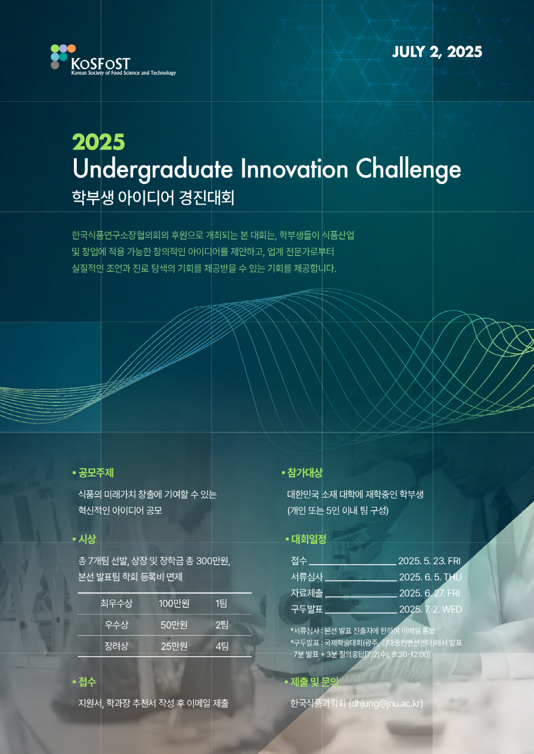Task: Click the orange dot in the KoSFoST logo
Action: coord(71,48)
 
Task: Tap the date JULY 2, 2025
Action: coord(437,52)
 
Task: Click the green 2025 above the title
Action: coord(98,142)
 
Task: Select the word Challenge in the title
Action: coord(408,169)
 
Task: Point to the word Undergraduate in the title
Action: coord(152,169)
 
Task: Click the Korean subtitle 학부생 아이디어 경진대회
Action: coord(154,198)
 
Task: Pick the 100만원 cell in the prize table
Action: coord(174,603)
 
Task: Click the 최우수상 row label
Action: coord(116,603)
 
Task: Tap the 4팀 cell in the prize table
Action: coord(222,646)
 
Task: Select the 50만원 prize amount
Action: coord(174,625)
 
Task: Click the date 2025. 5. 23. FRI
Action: coord(429,561)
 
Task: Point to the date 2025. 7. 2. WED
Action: coord(430,610)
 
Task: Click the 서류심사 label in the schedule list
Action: coord(306,577)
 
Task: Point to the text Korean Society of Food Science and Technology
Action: coord(123,73)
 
